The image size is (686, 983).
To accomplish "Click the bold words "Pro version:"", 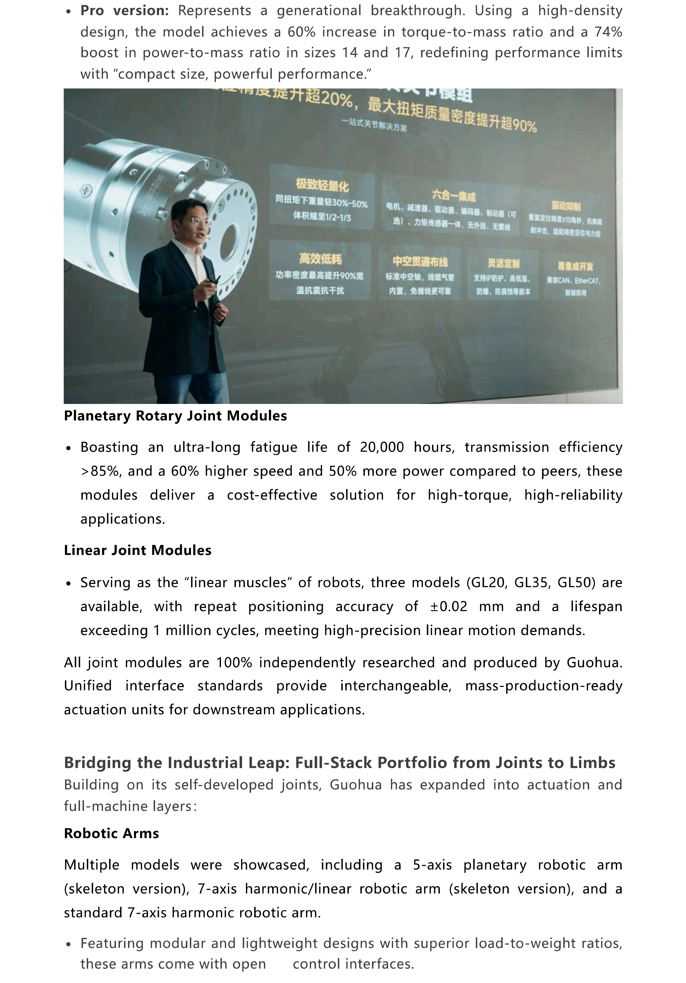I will coord(124,11).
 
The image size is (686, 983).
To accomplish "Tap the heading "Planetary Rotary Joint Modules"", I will coord(175,416).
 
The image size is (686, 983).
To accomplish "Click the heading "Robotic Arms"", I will coord(111,833).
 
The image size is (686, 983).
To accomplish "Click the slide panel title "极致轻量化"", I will coord(322,185).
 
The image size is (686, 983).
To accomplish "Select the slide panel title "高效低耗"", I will coord(320,259).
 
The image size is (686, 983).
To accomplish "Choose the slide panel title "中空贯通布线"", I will coord(420,261).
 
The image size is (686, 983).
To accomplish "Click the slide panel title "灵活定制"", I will coord(503,263).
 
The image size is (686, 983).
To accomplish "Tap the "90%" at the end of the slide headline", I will coord(524,125).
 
